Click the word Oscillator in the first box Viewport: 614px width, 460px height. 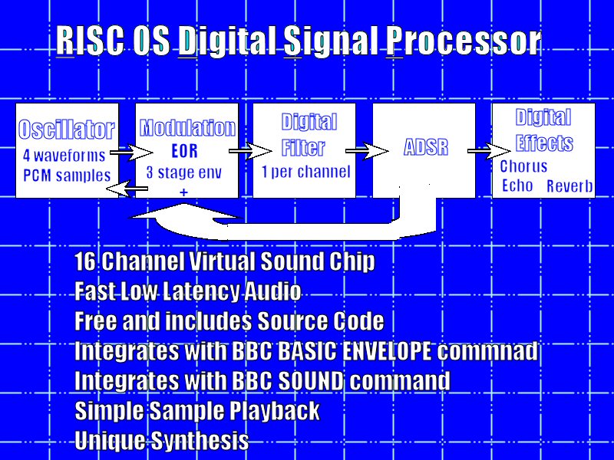tap(67, 130)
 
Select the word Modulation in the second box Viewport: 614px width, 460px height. tap(187, 127)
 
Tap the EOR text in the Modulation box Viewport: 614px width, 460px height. tap(185, 151)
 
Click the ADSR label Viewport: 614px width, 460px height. tap(426, 147)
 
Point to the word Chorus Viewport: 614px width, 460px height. tap(523, 166)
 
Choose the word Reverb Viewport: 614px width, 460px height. tap(569, 186)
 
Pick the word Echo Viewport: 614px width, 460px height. tap(517, 186)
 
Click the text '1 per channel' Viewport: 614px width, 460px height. tap(305, 172)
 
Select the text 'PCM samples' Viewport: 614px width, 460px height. tap(67, 176)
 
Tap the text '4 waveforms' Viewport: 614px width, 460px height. tap(64, 156)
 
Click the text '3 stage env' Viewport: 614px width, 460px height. tap(183, 172)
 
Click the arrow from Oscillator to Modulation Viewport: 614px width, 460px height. tap(131, 152)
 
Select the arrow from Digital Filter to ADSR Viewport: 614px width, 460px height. tap(367, 151)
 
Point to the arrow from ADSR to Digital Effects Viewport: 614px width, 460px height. tap(489, 151)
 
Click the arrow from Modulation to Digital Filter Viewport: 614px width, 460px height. tap(250, 151)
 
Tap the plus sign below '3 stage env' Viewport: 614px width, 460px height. tap(183, 192)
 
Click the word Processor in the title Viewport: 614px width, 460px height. tap(464, 41)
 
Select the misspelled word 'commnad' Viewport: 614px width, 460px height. tap(487, 350)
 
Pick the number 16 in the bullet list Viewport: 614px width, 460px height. tap(85, 261)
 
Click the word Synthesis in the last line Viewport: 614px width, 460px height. tap(200, 440)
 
